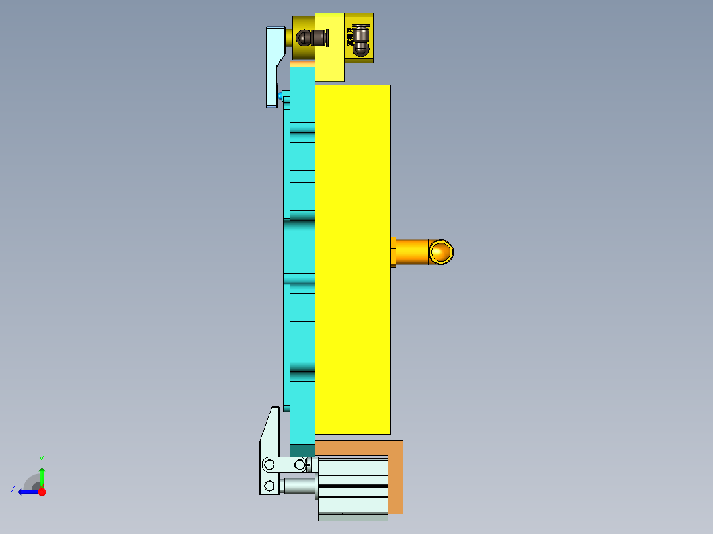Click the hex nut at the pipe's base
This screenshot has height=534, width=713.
[393, 252]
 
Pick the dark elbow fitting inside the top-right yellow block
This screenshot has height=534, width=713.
[358, 40]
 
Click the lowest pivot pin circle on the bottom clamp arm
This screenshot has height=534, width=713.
[269, 486]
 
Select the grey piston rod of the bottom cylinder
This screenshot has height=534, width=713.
[298, 486]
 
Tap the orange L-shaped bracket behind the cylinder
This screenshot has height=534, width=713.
[396, 476]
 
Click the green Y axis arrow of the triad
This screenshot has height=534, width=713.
[42, 474]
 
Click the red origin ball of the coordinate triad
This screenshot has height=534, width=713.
[42, 492]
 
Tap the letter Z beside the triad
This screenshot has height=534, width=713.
[13, 488]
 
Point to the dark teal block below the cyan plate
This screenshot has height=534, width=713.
[302, 451]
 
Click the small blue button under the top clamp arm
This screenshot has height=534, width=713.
[285, 97]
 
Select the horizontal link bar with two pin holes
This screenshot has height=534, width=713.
[284, 465]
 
